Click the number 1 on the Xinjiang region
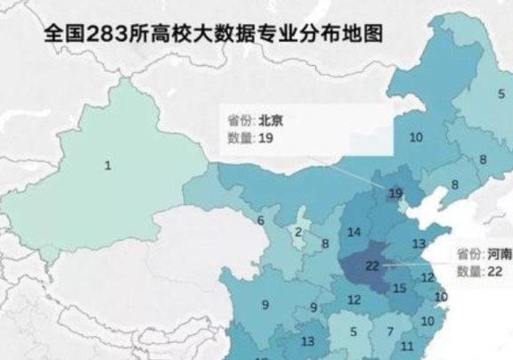pos(108,165)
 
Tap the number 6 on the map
pos(261,220)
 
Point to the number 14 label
pos(354,233)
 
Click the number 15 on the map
pos(400,287)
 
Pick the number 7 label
pos(389,331)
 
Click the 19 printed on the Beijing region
pos(395,193)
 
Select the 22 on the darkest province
pos(372,265)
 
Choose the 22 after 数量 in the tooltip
pos(496,271)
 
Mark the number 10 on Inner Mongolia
pos(415,136)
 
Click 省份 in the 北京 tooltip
pos(238,119)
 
